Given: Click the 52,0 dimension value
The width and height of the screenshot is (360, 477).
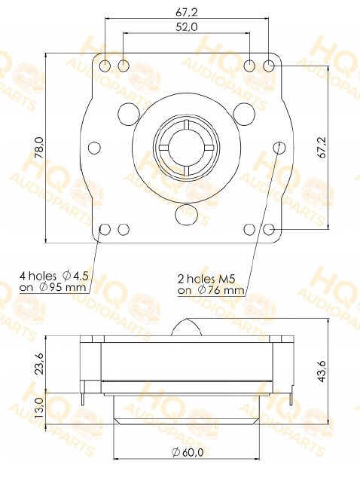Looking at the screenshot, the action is (186, 27).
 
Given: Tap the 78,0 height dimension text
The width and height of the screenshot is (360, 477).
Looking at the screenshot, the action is (39, 148).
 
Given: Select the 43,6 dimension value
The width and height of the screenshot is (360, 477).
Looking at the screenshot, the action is (321, 372).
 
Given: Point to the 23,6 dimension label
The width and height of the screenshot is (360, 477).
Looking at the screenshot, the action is (39, 364).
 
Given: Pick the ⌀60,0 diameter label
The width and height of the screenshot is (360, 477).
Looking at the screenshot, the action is (188, 452).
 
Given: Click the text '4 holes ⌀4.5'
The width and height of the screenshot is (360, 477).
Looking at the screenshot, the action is (53, 276).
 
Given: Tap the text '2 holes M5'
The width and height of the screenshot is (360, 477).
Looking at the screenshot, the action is (206, 279).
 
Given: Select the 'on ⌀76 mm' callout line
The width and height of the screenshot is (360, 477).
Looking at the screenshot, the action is (211, 290).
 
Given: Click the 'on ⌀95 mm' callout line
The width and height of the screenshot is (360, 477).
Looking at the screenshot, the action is (53, 287).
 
